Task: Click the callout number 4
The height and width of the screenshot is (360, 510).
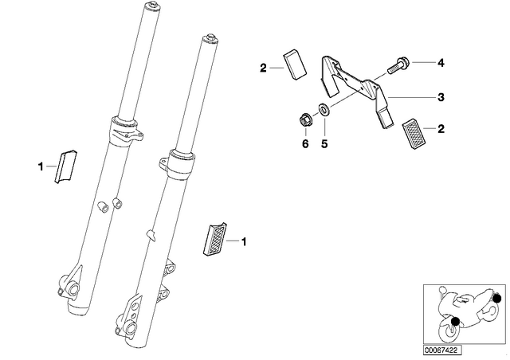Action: (441, 62)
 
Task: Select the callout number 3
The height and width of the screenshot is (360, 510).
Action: (441, 97)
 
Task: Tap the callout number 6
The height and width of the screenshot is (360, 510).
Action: (305, 143)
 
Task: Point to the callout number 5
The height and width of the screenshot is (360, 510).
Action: (324, 143)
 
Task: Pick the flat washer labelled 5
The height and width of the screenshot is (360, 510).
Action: (324, 109)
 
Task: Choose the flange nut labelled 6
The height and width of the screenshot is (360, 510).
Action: (305, 119)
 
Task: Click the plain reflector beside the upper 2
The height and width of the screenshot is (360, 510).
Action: (295, 65)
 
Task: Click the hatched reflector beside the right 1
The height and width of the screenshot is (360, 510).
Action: (214, 239)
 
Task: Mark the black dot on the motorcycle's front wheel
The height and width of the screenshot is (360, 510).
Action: (455, 321)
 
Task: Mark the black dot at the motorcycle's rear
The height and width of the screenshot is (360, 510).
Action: (496, 299)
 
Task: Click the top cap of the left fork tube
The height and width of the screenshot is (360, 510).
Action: (152, 6)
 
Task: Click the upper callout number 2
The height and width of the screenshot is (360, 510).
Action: (263, 68)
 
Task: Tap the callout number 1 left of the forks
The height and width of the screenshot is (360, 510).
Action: (41, 166)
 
